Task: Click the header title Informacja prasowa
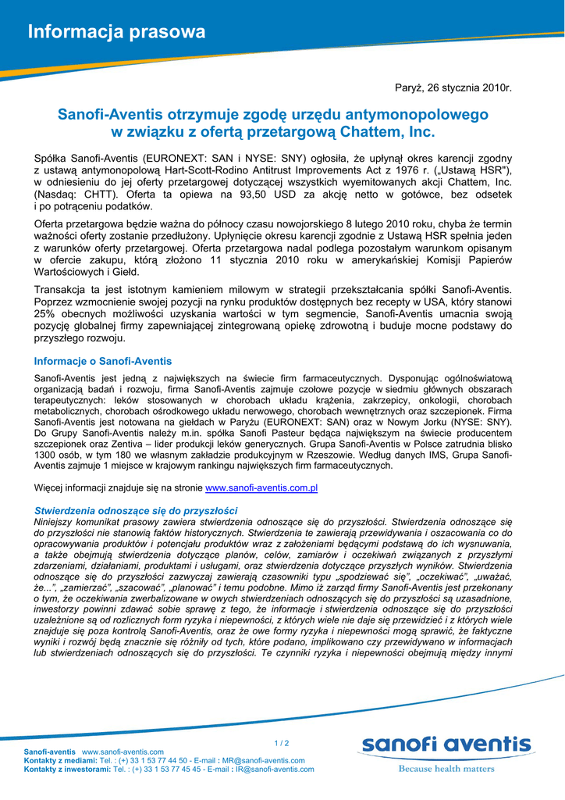tap(117, 32)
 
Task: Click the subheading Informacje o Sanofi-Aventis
tap(103, 361)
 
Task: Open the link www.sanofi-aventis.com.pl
tap(261, 487)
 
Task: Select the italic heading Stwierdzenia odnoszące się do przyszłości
tap(136, 510)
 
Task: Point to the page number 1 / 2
tap(282, 743)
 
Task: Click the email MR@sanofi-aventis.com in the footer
tap(264, 760)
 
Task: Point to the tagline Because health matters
tap(446, 769)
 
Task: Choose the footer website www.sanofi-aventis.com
tap(123, 751)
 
